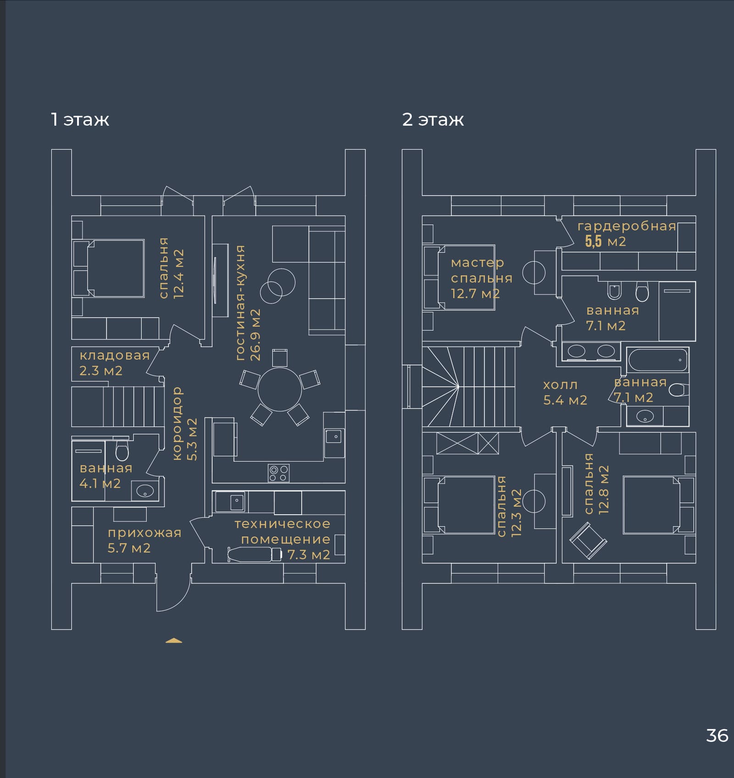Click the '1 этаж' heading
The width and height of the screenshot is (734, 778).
80,119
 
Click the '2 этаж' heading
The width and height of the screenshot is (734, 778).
433,119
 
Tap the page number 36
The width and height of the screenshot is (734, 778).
717,735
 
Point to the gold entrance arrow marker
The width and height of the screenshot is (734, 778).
174,641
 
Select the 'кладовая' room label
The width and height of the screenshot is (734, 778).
115,356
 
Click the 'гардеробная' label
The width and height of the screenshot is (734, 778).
627,226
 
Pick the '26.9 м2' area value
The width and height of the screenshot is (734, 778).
255,334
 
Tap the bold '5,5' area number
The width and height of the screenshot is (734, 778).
593,241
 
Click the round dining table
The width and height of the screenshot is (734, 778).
280,389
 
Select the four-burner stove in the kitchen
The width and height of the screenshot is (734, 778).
278,473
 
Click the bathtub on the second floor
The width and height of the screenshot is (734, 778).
658,361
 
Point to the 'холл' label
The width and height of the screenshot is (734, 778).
560,385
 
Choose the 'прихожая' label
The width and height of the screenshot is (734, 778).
145,533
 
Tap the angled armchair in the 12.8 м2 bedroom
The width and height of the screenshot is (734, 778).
588,541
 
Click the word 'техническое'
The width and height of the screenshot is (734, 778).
282,524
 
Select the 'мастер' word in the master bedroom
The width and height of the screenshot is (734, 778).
478,263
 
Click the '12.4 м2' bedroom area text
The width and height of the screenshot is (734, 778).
178,274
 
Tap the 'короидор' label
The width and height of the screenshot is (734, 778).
178,423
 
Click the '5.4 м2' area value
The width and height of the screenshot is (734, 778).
565,400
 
